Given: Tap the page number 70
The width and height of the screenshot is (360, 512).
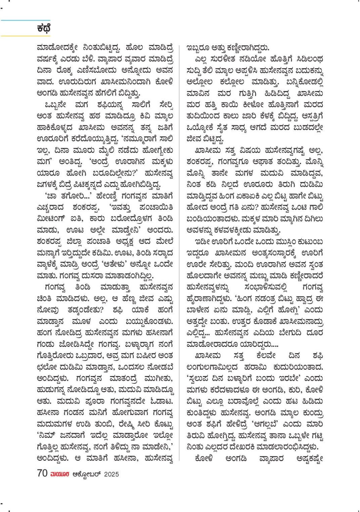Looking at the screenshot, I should pos(42,473).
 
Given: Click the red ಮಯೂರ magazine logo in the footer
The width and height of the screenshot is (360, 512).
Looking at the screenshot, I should pos(60,474).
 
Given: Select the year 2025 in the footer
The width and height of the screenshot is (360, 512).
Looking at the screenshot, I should pos(111,474).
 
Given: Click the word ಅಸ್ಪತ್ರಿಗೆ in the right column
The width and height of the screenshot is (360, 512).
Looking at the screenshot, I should pos(312,116).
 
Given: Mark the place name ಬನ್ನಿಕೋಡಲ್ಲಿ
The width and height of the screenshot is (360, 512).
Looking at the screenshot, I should pos(305,82).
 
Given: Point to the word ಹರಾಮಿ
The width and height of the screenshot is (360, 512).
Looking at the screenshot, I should pos(257,367).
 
